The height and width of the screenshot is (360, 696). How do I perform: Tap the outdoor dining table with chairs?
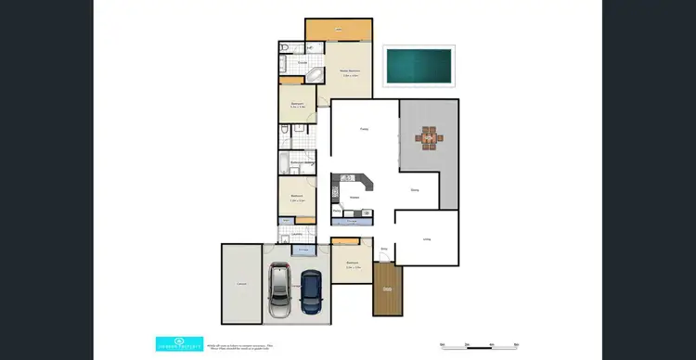coord(429,139)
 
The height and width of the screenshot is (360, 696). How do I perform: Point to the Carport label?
coord(239,283)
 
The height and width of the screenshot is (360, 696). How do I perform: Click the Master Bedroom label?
coord(350,72)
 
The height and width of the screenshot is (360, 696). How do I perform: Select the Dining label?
coord(415,190)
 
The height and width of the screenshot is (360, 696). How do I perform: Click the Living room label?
coord(427,239)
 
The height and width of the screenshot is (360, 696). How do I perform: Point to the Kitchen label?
coord(354,197)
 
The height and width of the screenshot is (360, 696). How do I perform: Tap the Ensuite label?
coord(303,63)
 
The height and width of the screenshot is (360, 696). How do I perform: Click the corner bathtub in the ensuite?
coord(313,75)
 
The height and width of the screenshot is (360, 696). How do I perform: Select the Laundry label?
coord(296,234)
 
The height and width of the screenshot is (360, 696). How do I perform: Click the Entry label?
coord(383,249)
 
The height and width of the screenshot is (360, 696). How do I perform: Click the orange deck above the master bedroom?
coord(338,31)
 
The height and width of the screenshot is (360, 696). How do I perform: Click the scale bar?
coord(478,346)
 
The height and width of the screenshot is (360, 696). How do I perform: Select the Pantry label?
coord(337,212)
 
